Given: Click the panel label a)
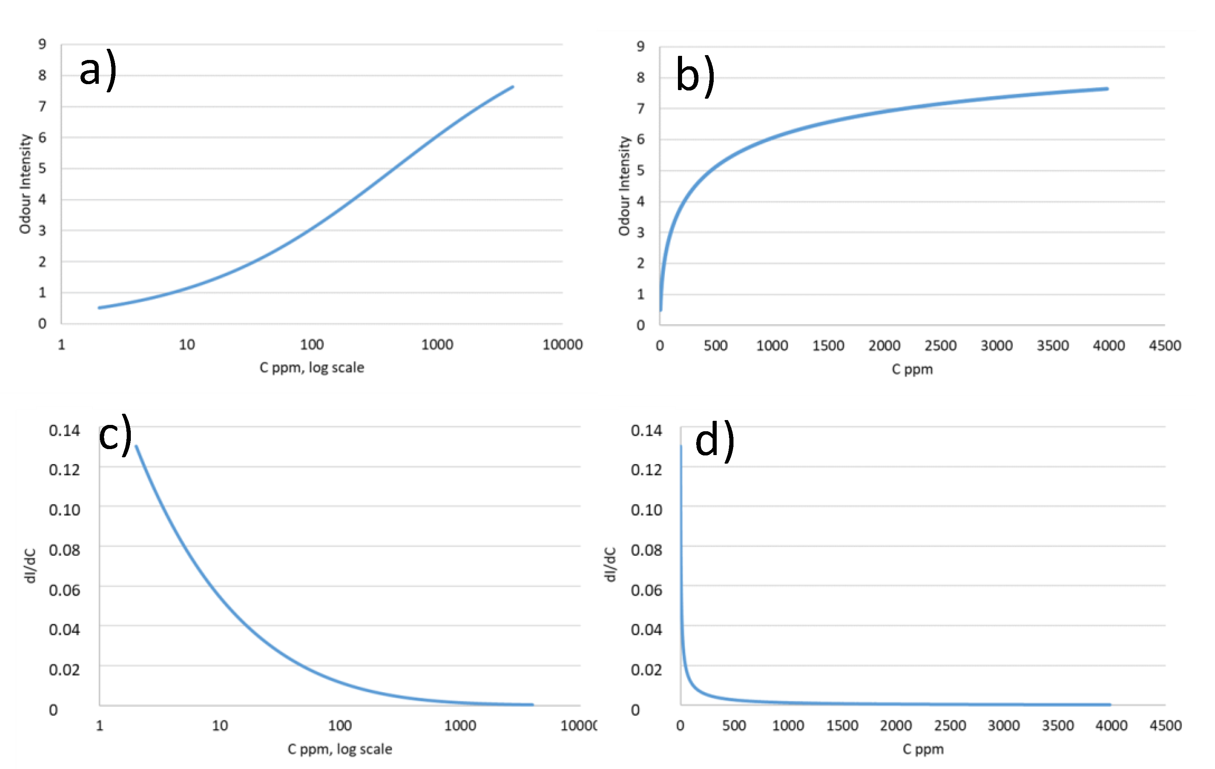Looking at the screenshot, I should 98,71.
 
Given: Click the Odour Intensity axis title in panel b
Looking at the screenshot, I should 624,185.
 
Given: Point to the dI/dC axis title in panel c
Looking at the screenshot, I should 30,565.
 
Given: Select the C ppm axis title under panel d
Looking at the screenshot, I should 923,749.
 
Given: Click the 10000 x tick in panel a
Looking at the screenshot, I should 562,345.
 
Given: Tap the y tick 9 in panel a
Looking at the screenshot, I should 42,44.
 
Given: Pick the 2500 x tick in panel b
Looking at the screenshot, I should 940,346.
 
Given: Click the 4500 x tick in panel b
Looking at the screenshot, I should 1165,346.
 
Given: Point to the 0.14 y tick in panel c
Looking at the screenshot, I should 64,430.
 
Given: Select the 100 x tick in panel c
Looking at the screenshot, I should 340,726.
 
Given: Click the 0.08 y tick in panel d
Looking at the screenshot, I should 646,550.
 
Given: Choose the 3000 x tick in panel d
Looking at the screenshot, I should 1004,726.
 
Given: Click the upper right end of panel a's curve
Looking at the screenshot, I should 512,87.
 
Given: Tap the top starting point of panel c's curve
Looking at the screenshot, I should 136,446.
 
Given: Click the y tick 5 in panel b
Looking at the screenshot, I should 640,171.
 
